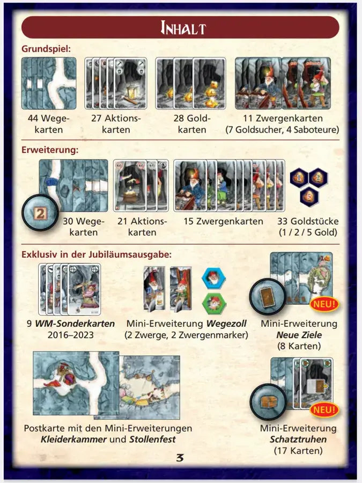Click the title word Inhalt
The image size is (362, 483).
point(183,28)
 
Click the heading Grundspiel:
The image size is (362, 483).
point(46,49)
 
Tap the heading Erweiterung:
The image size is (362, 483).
point(50,150)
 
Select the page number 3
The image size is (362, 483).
point(180,458)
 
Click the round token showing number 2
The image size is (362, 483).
point(40,213)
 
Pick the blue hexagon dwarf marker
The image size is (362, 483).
point(213,279)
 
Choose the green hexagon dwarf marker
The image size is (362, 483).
point(214,303)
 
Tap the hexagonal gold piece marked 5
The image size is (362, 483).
point(309,196)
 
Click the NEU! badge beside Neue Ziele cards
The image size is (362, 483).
point(324,304)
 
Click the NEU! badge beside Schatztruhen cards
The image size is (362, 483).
point(324,409)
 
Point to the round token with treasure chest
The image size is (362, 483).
point(269,402)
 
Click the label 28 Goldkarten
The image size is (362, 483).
point(192,124)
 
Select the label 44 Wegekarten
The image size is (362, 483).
point(49,124)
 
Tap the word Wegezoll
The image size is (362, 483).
point(226,324)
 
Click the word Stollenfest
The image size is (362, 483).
point(152,439)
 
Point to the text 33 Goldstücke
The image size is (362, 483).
point(308,221)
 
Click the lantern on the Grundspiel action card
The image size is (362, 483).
point(131,92)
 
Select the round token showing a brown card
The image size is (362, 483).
point(268,297)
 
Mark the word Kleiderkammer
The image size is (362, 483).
point(73,439)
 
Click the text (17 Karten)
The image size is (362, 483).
point(298,451)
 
